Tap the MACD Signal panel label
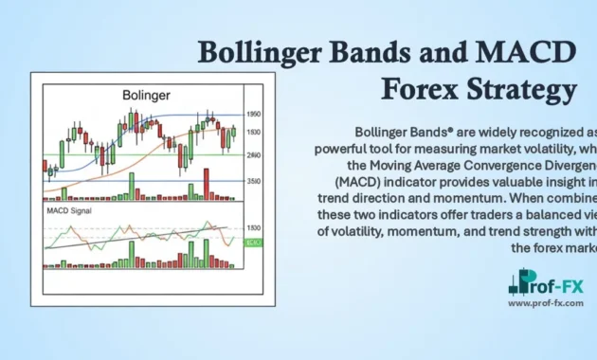[x=70, y=210]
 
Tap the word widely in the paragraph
[x=473, y=129]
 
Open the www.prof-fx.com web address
[x=546, y=303]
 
